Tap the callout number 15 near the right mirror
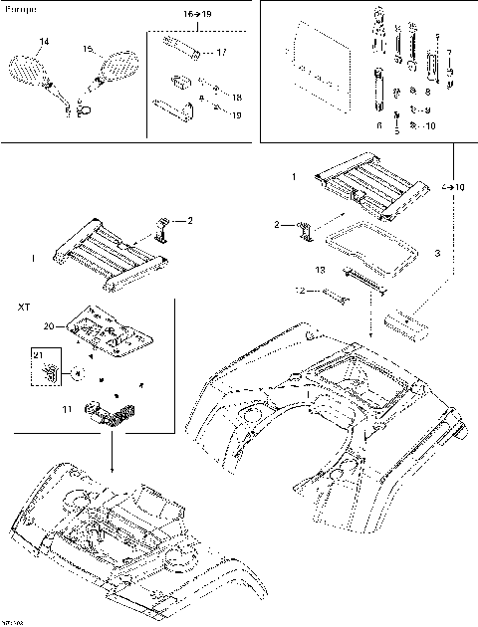pyautogui.click(x=87, y=48)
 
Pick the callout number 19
pyautogui.click(x=236, y=115)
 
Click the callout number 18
pyautogui.click(x=236, y=97)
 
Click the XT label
pyautogui.click(x=24, y=309)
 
